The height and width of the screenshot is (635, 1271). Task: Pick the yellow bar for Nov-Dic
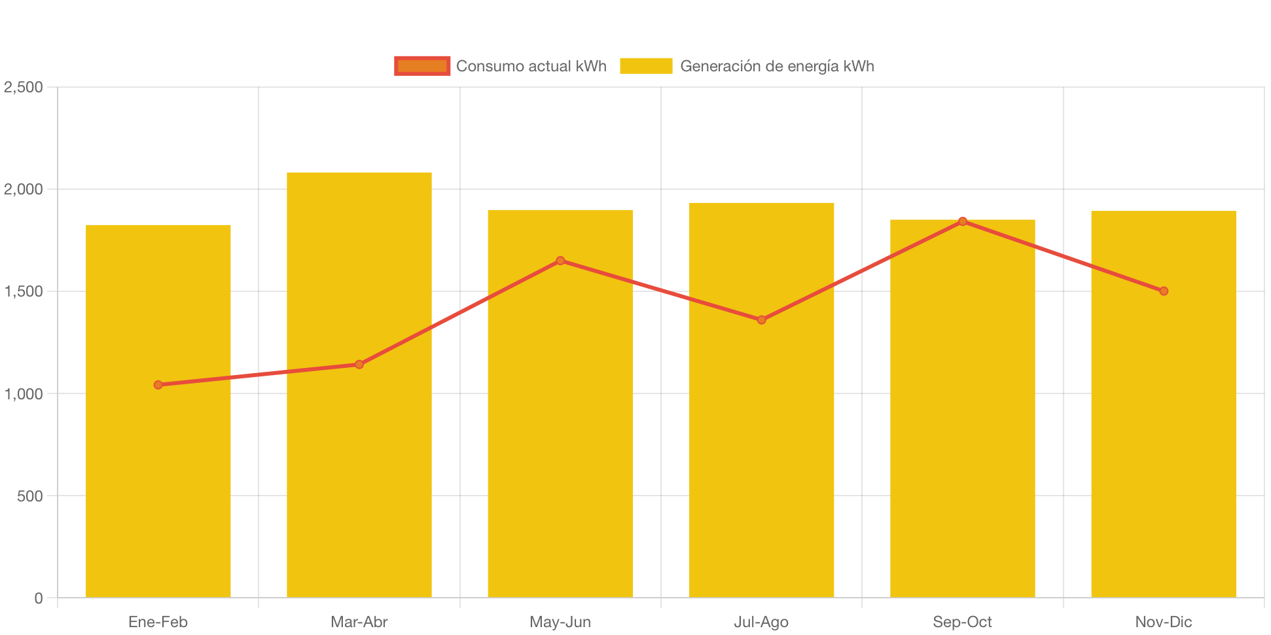click(x=1163, y=445)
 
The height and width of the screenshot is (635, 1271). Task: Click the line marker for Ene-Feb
click(x=158, y=385)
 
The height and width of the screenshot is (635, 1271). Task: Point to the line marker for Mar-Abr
click(x=359, y=364)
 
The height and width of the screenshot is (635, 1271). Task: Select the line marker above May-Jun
click(x=560, y=261)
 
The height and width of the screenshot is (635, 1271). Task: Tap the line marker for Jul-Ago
click(x=761, y=320)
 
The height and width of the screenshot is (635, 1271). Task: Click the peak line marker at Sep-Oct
click(x=962, y=221)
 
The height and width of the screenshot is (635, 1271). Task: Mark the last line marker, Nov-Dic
click(x=1163, y=291)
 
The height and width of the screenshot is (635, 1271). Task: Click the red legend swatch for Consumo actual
click(x=422, y=66)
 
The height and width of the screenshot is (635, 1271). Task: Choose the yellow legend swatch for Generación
click(x=646, y=66)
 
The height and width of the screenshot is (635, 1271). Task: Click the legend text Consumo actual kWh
click(x=531, y=66)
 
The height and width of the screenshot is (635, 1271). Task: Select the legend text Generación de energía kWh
click(x=777, y=66)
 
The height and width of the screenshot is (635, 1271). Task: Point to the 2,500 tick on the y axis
click(x=24, y=87)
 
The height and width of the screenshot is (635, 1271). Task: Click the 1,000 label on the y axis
click(x=24, y=394)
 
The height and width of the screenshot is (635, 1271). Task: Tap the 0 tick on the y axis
click(x=38, y=598)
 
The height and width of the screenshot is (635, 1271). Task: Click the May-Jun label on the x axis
click(x=560, y=622)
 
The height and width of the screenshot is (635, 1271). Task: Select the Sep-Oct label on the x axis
click(x=962, y=622)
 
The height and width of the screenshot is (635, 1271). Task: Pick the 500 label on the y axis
click(x=29, y=496)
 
